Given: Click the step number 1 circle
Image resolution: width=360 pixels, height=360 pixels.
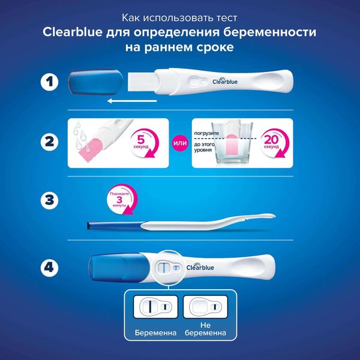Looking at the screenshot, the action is [50, 82].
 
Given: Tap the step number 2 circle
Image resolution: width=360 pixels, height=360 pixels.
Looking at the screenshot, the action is [50, 142].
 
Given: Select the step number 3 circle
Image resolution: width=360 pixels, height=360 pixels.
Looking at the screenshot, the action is [50, 200].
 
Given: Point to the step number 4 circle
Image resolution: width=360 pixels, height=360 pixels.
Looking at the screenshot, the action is [50, 268].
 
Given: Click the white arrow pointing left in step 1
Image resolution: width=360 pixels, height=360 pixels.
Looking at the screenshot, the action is [132, 101].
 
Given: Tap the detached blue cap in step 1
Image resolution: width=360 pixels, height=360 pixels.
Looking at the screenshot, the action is [96, 82].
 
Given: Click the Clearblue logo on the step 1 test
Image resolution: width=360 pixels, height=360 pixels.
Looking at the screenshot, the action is [225, 80].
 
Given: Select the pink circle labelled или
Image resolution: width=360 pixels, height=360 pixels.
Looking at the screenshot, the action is [180, 143].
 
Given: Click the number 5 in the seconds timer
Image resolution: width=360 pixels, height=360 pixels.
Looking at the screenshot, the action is [140, 139].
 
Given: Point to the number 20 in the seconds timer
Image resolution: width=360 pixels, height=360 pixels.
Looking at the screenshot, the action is [271, 139].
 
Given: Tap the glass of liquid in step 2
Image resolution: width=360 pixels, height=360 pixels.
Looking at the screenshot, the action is [232, 143].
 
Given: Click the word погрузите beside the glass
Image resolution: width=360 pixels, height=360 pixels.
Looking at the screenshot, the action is [206, 133].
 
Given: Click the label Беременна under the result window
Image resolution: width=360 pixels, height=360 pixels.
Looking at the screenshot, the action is [155, 332].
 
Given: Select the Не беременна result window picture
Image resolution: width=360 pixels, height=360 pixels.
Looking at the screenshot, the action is [205, 307].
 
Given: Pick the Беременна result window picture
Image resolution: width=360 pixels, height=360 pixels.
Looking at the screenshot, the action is [155, 307].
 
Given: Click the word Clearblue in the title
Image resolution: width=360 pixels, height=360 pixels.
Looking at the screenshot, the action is [73, 32].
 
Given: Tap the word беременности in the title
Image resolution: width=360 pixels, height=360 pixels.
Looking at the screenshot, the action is [270, 32].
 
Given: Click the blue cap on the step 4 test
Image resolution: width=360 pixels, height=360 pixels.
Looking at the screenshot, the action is [119, 268].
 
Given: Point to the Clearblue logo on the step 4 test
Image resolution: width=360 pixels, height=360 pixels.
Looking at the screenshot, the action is [200, 266].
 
